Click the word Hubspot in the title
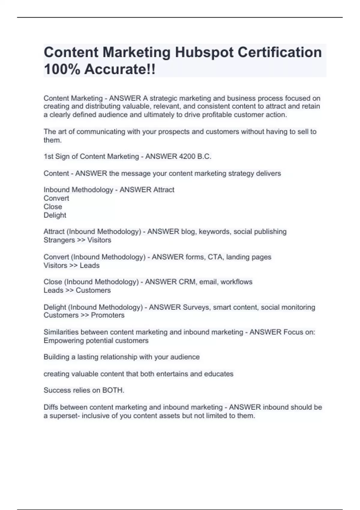click(204, 52)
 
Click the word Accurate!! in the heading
click(120, 69)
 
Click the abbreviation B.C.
click(204, 157)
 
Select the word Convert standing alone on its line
click(56, 198)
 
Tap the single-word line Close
click(53, 207)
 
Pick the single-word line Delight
click(55, 215)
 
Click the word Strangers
click(59, 240)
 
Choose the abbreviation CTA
click(215, 257)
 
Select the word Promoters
click(108, 315)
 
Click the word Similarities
click(61, 332)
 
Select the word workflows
click(236, 282)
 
